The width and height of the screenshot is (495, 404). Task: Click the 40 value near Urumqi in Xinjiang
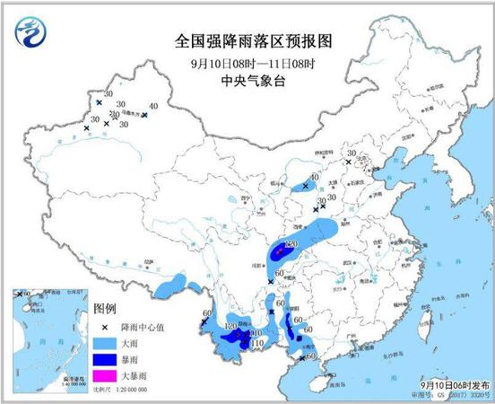tap(153, 107)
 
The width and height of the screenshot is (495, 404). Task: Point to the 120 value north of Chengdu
tap(290, 244)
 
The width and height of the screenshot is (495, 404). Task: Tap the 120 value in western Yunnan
tap(230, 326)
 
